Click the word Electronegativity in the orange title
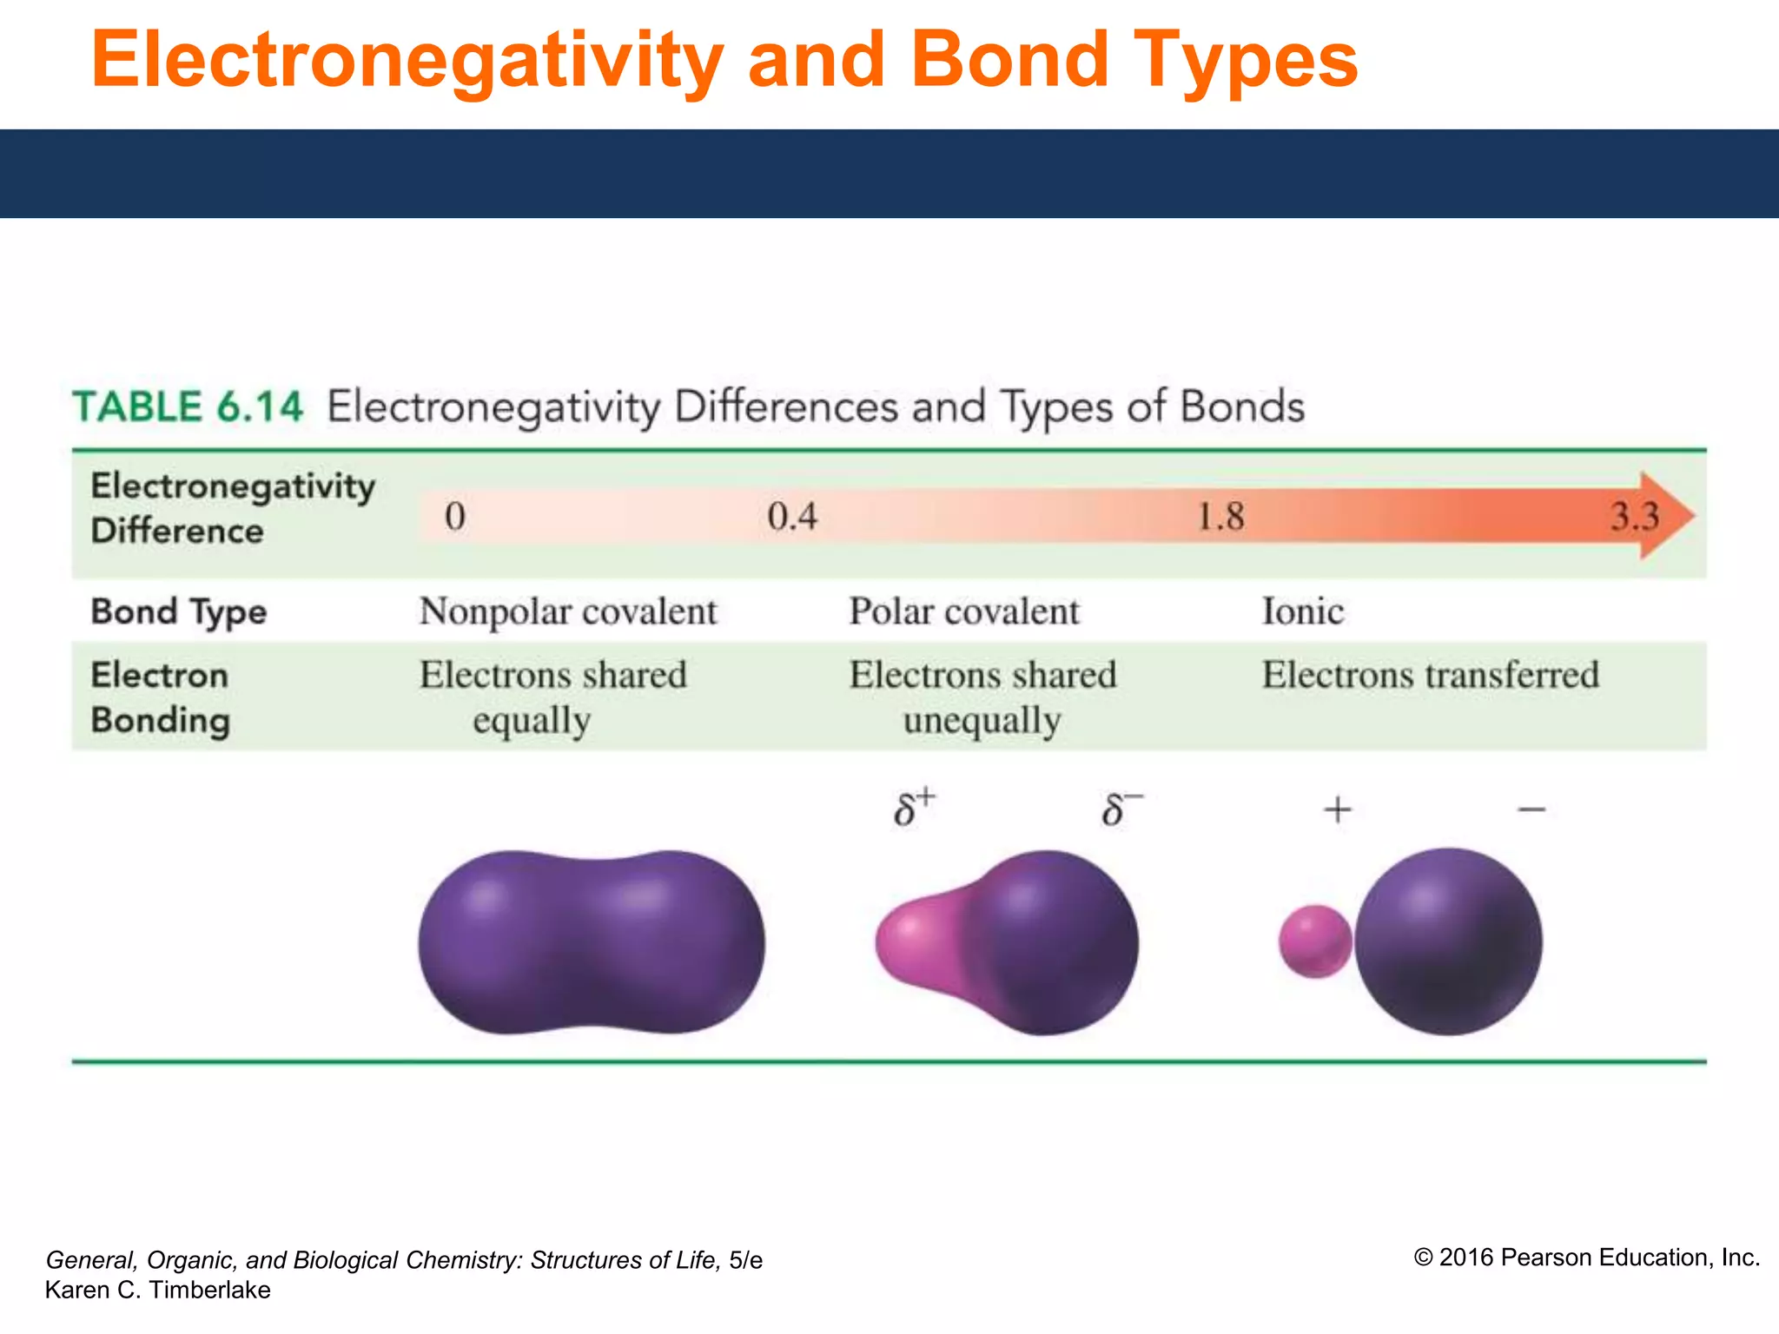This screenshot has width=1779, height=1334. click(x=407, y=61)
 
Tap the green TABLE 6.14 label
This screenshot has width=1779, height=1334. click(x=188, y=406)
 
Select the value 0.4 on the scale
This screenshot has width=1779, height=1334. click(x=792, y=517)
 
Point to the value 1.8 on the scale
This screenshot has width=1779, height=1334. click(x=1220, y=517)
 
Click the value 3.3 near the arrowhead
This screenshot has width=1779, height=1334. click(x=1634, y=517)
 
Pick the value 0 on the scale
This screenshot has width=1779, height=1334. click(x=455, y=517)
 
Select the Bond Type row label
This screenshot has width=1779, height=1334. click(x=179, y=611)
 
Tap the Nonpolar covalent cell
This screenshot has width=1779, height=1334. click(x=568, y=611)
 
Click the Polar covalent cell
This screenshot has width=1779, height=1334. click(x=964, y=611)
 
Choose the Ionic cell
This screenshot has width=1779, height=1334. click(x=1303, y=611)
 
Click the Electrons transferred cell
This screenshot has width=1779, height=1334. click(x=1430, y=675)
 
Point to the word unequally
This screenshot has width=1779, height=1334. click(x=982, y=721)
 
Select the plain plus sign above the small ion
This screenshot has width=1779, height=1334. click(x=1338, y=809)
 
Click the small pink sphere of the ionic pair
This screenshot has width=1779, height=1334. click(x=1315, y=941)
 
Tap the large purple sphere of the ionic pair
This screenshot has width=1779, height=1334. click(x=1449, y=941)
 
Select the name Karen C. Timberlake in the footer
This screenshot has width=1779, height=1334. click(x=157, y=1290)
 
